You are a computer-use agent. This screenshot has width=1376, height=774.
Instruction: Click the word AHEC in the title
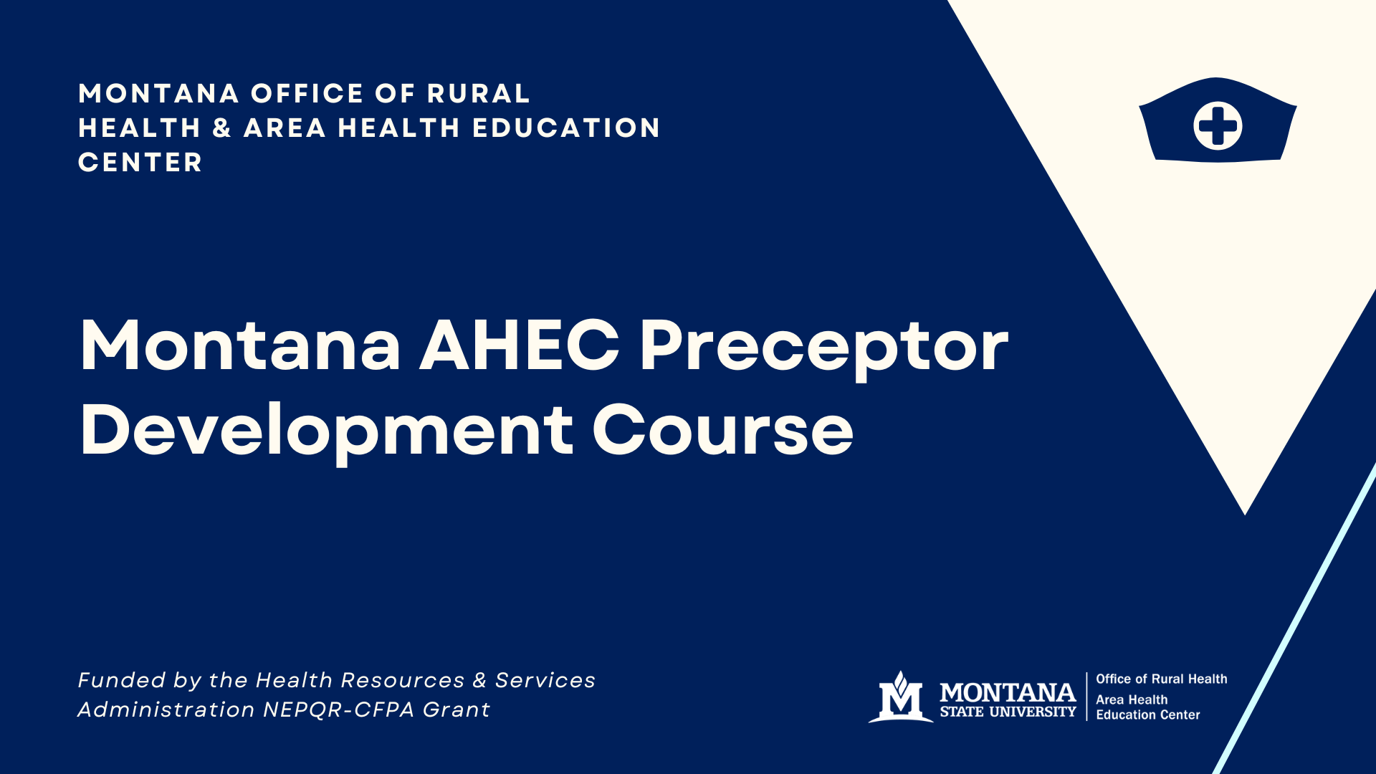pos(519,346)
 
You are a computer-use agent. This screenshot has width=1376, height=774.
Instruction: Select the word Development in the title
pos(326,431)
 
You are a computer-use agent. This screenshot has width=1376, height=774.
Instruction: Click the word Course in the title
pos(722,431)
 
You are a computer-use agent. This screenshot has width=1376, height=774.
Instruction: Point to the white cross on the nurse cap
pos(1218,126)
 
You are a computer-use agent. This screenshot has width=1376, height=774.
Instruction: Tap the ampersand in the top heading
pos(221,128)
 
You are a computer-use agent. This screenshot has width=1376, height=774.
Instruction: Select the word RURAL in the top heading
pos(478,94)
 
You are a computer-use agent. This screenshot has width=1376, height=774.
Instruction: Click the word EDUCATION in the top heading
pos(566,128)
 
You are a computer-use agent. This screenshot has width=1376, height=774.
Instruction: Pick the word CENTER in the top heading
pos(140,163)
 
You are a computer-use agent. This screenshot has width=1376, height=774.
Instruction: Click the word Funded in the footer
pos(120,680)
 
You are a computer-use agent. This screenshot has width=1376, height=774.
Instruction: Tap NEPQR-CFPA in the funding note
pos(339,709)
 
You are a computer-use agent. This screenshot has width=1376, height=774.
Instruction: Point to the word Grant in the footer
pos(457,709)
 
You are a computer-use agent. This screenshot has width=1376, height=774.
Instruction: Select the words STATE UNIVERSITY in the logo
pos(1008,712)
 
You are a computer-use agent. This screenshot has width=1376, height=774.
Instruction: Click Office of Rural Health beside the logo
pos(1161,679)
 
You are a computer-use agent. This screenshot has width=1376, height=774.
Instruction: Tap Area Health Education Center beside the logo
pos(1147,707)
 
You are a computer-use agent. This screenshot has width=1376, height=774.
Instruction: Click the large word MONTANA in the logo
pos(1008,692)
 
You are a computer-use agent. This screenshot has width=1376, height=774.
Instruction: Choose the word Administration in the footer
pos(166,709)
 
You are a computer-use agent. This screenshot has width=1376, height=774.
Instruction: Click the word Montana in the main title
pos(240,346)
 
